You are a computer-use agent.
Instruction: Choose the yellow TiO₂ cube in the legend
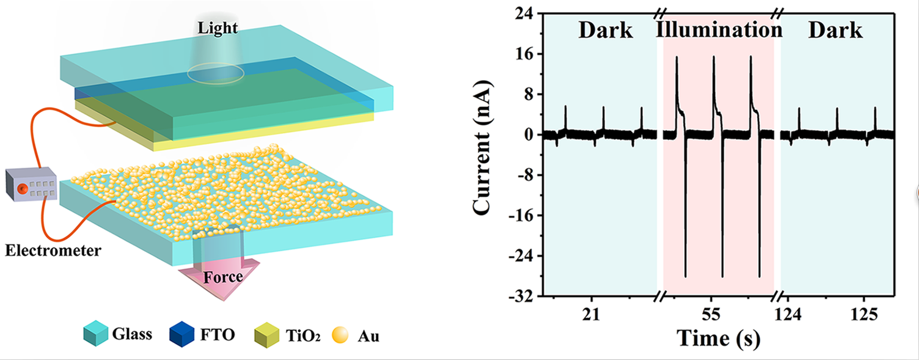pos(264,334)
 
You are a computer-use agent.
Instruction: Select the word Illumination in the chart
pos(719,30)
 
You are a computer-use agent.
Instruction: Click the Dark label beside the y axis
pos(606,30)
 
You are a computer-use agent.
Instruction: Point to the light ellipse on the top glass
pos(216,74)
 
